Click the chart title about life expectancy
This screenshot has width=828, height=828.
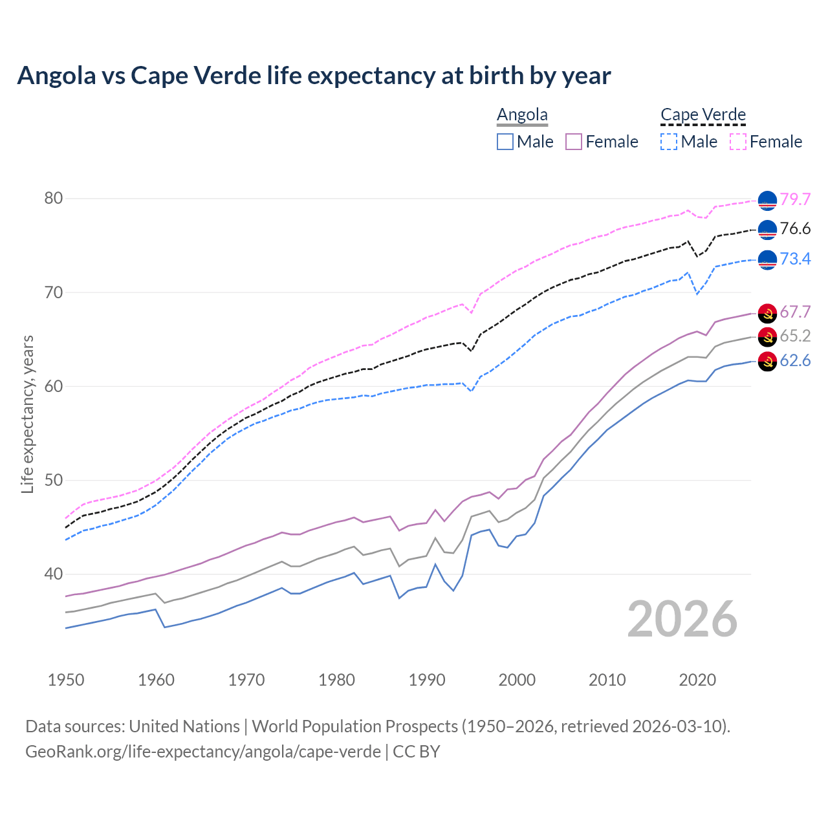pyautogui.click(x=314, y=76)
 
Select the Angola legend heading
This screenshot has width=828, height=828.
pyautogui.click(x=522, y=114)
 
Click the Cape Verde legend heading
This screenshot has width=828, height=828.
pyautogui.click(x=703, y=114)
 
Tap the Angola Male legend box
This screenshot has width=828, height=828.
pyautogui.click(x=505, y=142)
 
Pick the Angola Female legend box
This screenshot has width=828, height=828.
pyautogui.click(x=574, y=142)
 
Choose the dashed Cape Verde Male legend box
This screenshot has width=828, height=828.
pyautogui.click(x=670, y=142)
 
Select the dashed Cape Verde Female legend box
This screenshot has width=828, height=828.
pyautogui.click(x=738, y=142)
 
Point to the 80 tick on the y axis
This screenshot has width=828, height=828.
pyautogui.click(x=54, y=198)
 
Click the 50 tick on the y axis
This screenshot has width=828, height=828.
pyautogui.click(x=54, y=480)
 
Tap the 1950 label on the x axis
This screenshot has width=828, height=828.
pyautogui.click(x=66, y=680)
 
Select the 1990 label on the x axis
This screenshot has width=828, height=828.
pyautogui.click(x=427, y=680)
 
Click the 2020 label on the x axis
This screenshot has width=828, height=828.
pyautogui.click(x=697, y=680)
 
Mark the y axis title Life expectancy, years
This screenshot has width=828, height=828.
pyautogui.click(x=27, y=414)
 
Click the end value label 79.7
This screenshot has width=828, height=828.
pyautogui.click(x=795, y=199)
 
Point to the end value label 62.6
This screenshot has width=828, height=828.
pyautogui.click(x=795, y=360)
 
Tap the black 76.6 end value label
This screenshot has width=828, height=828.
pyautogui.click(x=795, y=228)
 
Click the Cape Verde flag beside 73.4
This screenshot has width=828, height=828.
pyautogui.click(x=767, y=259)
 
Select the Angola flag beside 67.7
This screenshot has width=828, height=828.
pyautogui.click(x=767, y=312)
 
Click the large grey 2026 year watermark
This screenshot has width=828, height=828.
pyautogui.click(x=682, y=619)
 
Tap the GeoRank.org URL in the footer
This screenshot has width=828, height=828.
pyautogui.click(x=202, y=752)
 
